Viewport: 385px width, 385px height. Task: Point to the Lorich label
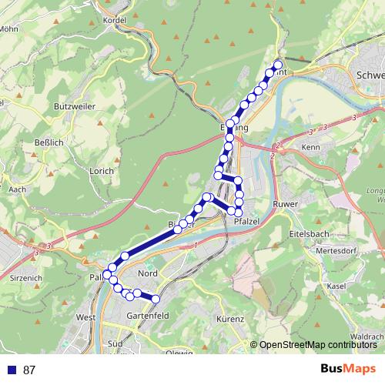102,171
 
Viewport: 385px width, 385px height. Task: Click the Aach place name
17,189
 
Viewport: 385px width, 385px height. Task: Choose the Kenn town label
310,146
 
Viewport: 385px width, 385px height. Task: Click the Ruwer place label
286,204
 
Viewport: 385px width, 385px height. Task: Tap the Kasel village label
336,286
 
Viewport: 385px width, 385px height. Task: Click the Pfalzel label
246,222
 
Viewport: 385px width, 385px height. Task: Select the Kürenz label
230,319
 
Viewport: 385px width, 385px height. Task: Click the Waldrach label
367,336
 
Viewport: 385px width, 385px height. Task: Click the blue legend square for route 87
10,370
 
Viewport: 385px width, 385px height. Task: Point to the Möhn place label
9,29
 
